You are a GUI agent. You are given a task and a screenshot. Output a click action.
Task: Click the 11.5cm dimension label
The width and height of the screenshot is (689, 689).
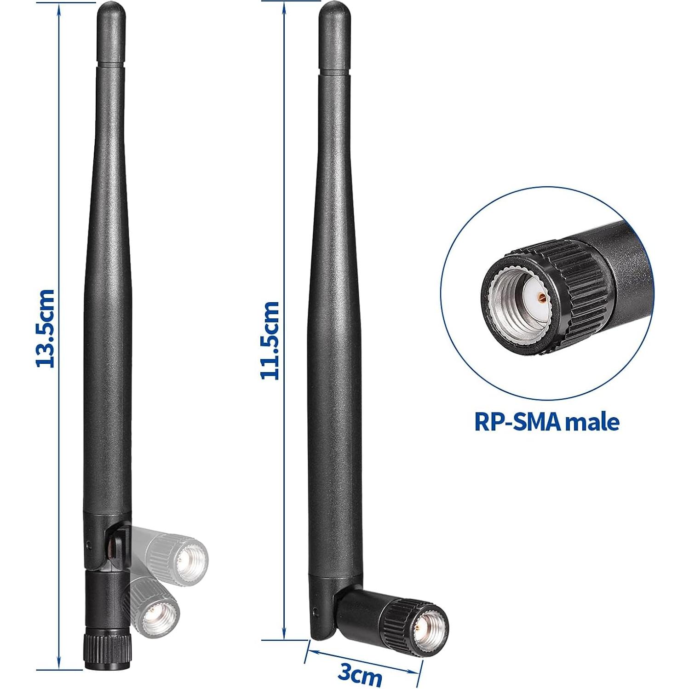[270, 340]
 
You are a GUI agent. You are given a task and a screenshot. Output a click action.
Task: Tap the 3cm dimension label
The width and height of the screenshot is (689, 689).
[360, 675]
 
